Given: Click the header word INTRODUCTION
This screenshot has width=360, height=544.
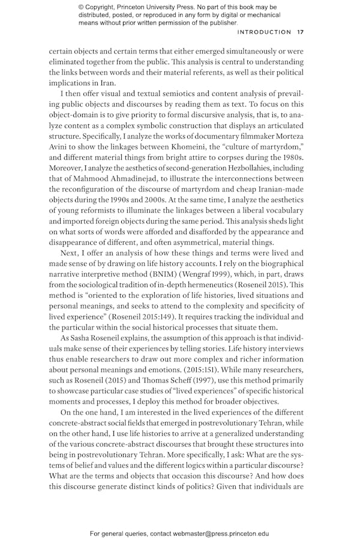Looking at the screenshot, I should click(265, 32).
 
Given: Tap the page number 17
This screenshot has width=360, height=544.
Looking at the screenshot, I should click(301, 32).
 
